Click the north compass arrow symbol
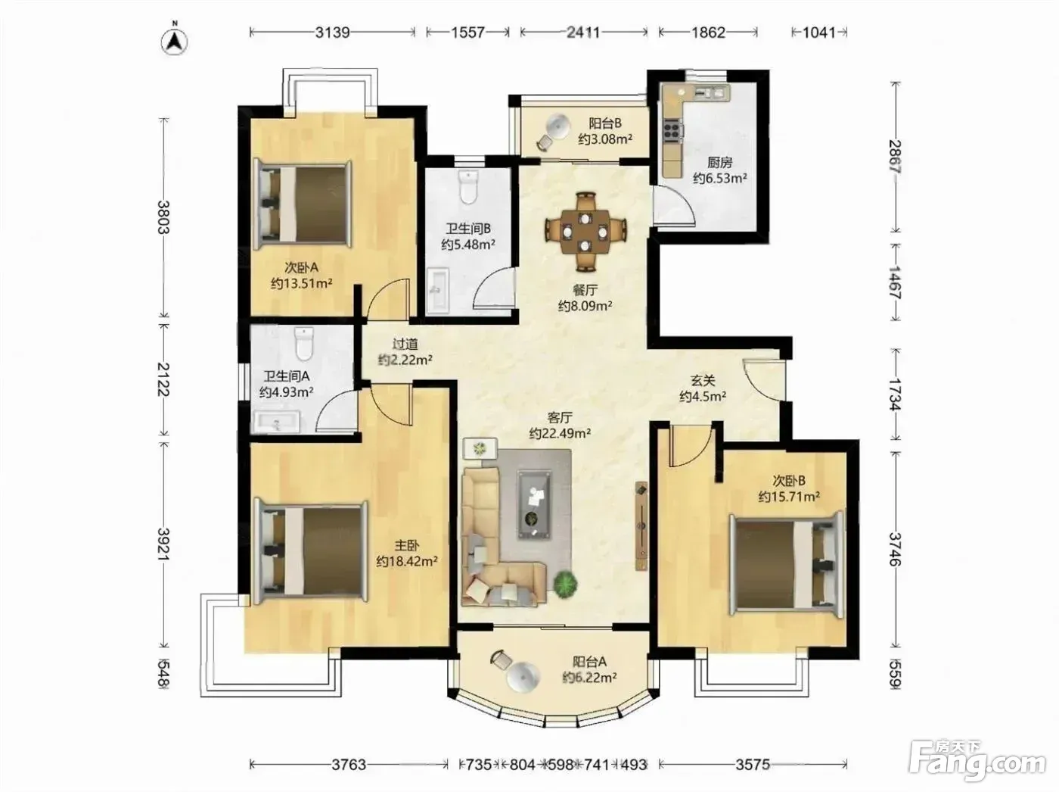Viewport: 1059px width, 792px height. pos(174,41)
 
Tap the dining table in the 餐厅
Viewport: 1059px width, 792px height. pos(585,232)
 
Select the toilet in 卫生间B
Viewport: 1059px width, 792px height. pos(468,186)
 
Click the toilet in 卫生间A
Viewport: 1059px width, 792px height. pos(303,343)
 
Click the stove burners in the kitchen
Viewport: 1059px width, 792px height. pos(672,129)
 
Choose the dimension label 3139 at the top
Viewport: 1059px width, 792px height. pos(332,33)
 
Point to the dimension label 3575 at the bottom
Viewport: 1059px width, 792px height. pos(753,765)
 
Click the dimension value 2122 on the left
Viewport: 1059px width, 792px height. pos(163,379)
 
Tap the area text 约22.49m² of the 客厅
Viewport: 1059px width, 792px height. pos(560,433)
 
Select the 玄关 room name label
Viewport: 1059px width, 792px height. pos(703,381)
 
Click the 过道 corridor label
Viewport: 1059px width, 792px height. pos(405,344)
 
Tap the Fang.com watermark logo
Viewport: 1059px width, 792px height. pos(977,763)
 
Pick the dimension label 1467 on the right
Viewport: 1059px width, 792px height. pos(895,282)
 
